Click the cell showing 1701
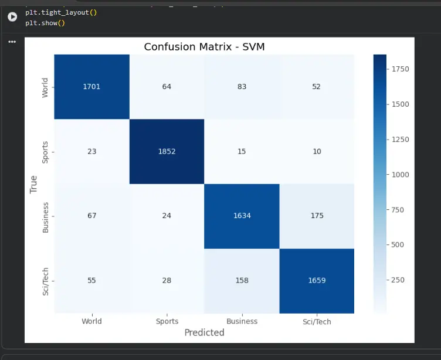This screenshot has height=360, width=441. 91,87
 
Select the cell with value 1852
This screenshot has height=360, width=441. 167,152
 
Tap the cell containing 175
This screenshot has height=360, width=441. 317,216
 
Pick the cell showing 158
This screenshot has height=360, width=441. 242,281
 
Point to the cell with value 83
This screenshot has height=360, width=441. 242,87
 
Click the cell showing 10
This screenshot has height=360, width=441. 317,152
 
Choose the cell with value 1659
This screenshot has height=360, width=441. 317,281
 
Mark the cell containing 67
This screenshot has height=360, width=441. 91,216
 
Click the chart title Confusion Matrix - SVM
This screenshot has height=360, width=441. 205,47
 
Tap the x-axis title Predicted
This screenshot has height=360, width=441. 205,332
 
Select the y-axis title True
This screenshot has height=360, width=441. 33,185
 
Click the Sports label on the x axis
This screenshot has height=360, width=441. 167,321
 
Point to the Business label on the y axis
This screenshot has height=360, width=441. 45,218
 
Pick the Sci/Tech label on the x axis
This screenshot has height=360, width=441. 317,322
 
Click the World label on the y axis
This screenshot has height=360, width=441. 45,88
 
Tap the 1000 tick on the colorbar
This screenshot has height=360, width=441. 400,175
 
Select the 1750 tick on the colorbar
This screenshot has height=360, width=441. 400,69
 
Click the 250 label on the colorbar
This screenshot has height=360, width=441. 398,280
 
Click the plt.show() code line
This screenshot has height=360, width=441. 45,23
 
